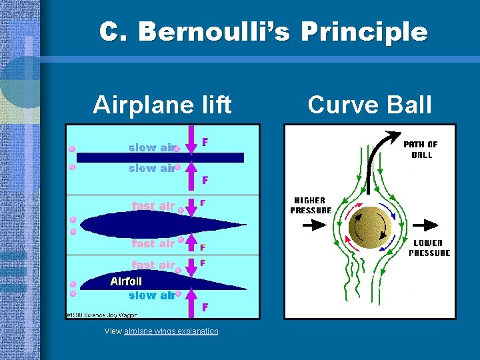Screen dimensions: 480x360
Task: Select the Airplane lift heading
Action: tap(162, 105)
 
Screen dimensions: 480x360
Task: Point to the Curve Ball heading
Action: tap(370, 105)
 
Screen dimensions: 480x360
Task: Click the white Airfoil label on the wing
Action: tap(126, 282)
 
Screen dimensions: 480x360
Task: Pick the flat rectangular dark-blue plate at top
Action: tap(160, 158)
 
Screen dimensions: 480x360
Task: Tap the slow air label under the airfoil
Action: tap(151, 295)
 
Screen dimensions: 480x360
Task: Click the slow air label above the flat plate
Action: tap(151, 147)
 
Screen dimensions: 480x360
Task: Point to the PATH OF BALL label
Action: tap(421, 149)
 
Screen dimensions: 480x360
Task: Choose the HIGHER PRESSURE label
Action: tap(311, 205)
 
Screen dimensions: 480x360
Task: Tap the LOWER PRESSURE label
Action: tap(429, 248)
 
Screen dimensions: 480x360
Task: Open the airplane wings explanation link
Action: tap(171, 331)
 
